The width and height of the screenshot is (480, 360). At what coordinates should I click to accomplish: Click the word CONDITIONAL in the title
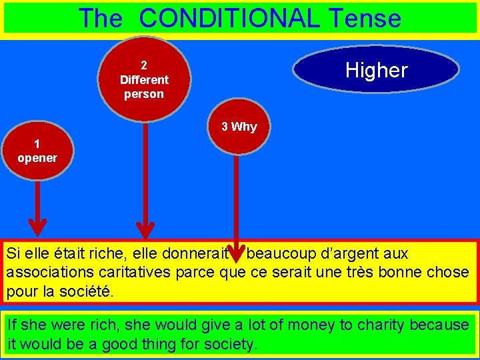coord(229,18)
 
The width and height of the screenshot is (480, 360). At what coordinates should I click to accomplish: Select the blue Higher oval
coord(376,69)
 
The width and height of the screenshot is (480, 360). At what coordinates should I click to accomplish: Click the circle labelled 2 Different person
coord(144,79)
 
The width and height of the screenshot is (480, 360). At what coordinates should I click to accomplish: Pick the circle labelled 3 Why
coord(239,127)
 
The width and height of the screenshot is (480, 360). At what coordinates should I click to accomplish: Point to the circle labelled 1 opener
coord(37,151)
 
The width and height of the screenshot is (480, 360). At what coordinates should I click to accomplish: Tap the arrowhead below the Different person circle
coord(145,229)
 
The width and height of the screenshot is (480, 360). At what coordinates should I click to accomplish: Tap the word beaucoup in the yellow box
coord(277,254)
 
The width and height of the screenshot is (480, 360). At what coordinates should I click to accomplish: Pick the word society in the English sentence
coord(229,345)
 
